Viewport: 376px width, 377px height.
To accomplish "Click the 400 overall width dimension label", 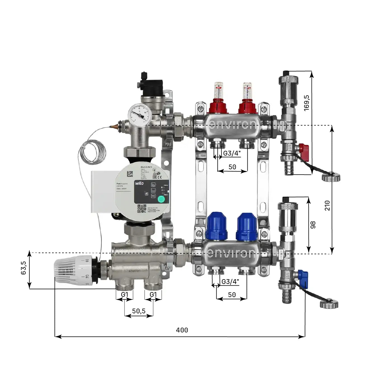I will point(182,330).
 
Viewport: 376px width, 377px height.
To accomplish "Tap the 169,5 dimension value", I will point(307,103).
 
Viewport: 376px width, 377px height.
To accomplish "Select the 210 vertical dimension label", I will point(327,205).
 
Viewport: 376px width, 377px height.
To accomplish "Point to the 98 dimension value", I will point(313,225).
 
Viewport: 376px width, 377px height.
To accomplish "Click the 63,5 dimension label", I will point(24,268).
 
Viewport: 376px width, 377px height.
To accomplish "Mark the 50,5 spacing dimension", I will point(139,311).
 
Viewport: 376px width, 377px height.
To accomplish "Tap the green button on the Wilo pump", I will point(161,199).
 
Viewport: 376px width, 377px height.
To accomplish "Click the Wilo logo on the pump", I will point(139,183).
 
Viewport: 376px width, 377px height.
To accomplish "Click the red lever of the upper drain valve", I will point(304,149).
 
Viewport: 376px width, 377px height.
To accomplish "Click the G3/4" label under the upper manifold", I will point(232,153).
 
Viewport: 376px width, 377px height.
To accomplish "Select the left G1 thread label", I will point(124,295).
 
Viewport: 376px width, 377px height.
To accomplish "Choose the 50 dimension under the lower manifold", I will point(232,295).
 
